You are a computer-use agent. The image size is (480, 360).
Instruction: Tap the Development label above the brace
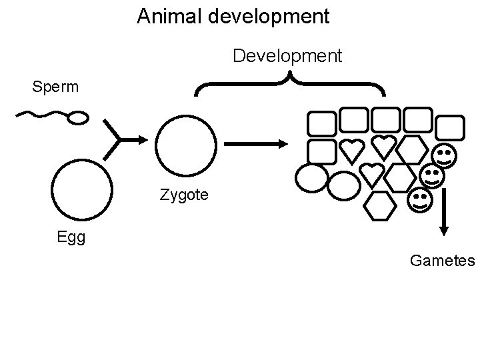coord(287,55)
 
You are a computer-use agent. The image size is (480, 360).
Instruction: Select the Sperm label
coord(56,87)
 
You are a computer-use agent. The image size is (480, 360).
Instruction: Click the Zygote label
coord(184,195)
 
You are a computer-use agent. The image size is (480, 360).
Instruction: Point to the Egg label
coord(71,237)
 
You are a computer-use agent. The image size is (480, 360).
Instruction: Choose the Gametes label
coord(442,260)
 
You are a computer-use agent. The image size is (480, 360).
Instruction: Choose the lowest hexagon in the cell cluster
coord(379,205)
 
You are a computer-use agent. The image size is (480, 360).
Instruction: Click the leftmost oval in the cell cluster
coord(311,177)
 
